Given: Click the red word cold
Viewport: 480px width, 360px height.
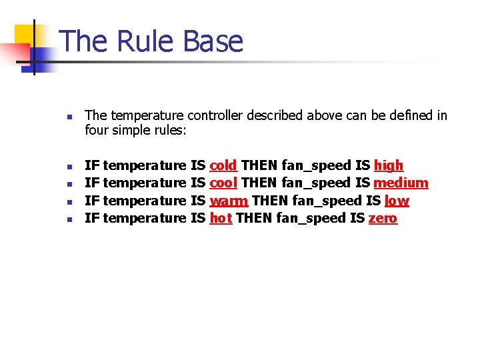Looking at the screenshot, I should tap(223, 165).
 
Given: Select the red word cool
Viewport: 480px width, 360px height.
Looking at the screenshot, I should tap(223, 183).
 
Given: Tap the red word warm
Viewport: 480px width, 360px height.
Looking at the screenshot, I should tap(229, 201).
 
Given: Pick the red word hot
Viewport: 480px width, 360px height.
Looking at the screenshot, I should tap(221, 218).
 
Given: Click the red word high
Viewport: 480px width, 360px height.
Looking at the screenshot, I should tap(389, 165).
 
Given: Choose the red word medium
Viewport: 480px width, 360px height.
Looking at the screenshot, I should tap(401, 183).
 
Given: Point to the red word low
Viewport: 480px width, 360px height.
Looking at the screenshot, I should tap(397, 201).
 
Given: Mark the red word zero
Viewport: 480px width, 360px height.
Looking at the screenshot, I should tap(383, 218).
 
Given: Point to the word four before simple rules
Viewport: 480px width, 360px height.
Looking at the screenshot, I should tap(97, 131).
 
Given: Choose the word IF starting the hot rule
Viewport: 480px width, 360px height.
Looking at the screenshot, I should tap(93, 218).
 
